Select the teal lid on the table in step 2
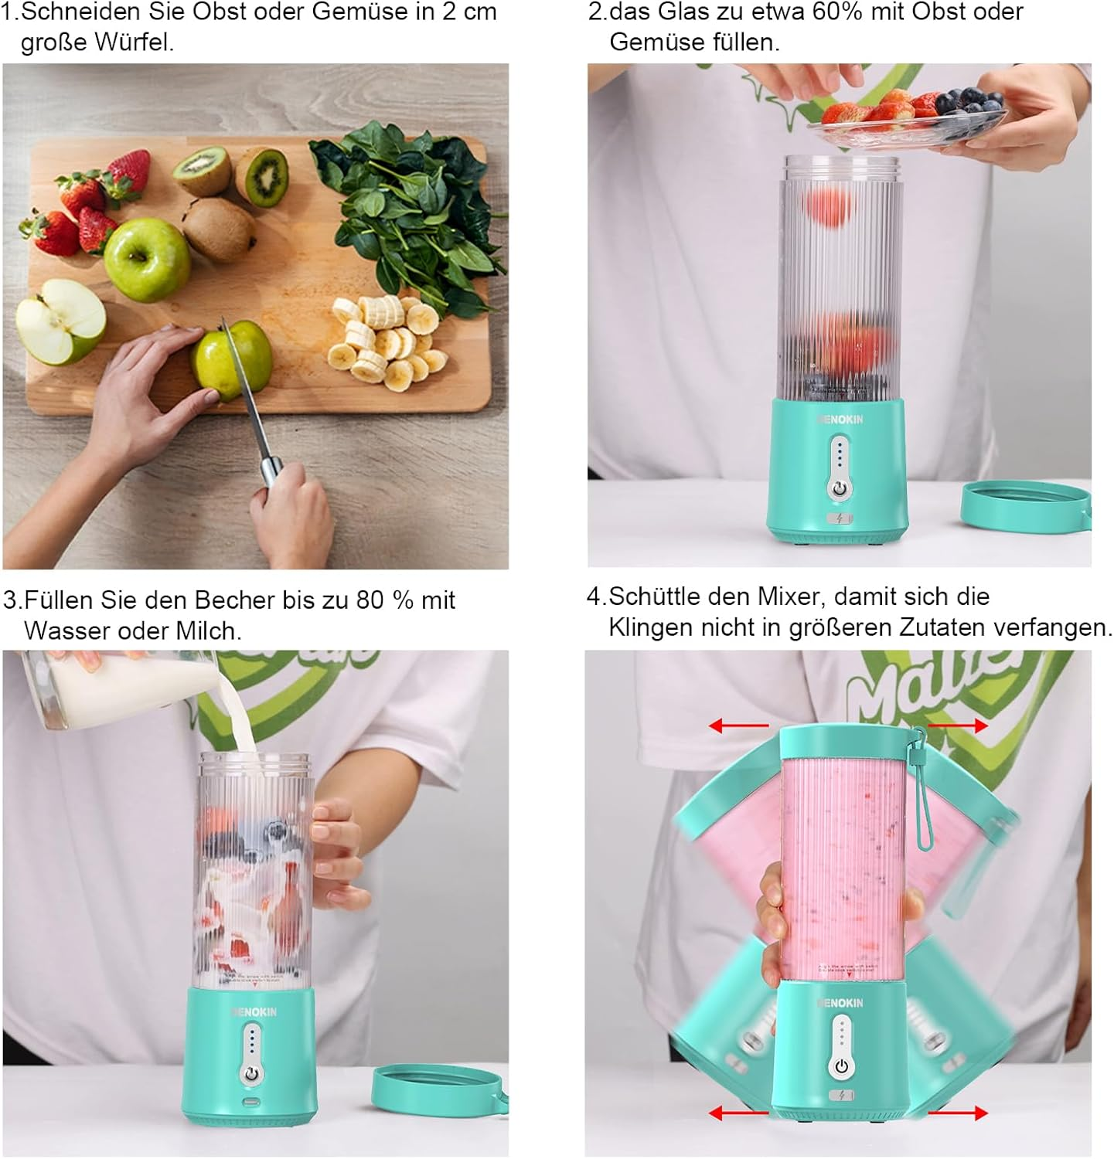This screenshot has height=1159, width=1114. point(1024,505)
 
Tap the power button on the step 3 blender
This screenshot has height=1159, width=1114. point(251,1074)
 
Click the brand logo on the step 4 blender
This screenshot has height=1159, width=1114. point(841,1003)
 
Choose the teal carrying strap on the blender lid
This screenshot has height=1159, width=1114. point(922,796)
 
